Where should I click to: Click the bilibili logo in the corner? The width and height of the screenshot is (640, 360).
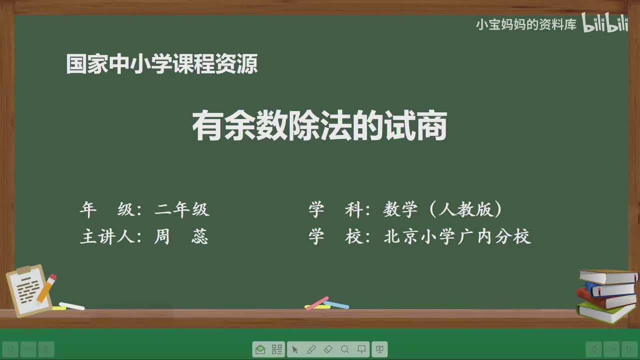click(604, 23)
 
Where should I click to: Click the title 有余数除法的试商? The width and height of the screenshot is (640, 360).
click(319, 127)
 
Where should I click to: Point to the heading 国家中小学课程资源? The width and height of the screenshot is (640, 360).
click(162, 64)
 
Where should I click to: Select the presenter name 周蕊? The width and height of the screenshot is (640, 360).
click(181, 236)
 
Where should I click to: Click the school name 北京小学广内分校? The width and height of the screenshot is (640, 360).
click(457, 236)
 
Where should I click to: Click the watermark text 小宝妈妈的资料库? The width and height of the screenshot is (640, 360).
click(526, 24)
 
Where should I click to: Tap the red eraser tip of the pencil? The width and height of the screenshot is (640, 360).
click(52, 277)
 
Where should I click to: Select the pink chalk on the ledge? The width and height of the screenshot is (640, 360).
click(317, 303)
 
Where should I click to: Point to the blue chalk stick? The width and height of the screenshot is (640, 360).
click(337, 304)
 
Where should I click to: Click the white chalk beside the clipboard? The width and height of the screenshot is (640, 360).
click(71, 305)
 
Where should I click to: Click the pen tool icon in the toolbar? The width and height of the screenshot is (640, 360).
click(311, 349)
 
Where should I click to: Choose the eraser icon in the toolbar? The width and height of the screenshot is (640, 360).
click(328, 349)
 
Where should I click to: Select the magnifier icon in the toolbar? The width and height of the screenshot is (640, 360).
click(345, 349)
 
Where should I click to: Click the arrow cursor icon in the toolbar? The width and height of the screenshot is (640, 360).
click(294, 349)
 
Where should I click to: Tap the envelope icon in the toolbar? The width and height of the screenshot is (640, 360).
click(260, 349)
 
